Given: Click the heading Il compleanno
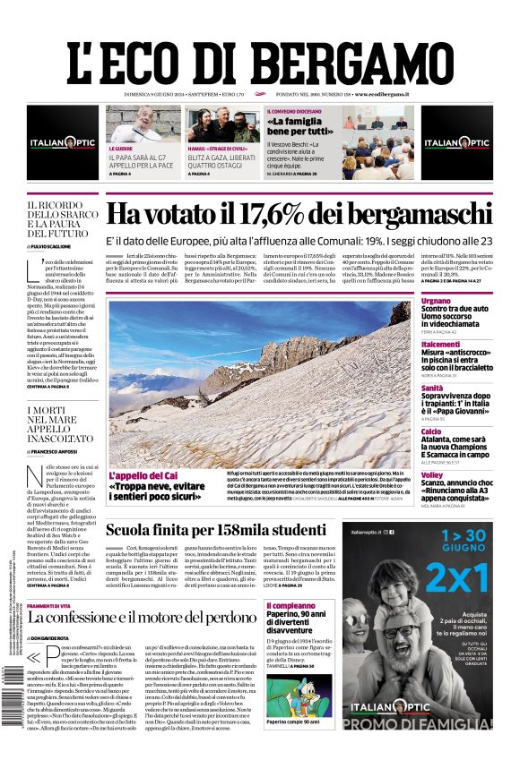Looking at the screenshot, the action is pos(290,606).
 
